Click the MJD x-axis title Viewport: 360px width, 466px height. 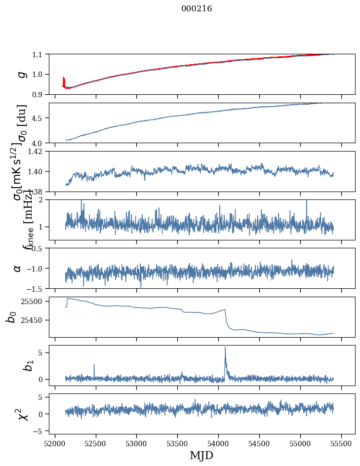pos(201,455)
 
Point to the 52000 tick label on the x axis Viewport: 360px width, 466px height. pos(55,443)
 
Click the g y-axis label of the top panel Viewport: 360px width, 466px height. pos(21,74)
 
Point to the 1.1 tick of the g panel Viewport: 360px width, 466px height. pos(38,54)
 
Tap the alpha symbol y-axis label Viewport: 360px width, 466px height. pos(17,268)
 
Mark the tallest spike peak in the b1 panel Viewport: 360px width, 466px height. pos(225,348)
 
